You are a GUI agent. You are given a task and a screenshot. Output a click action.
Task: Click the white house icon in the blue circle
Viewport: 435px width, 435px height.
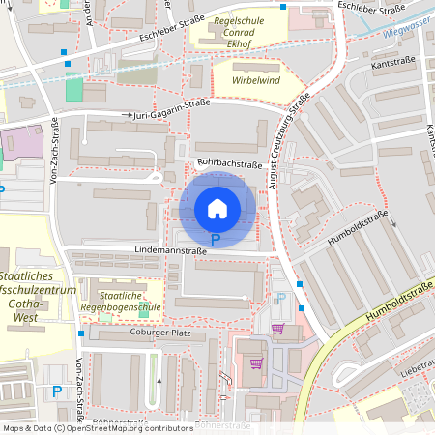[217, 208]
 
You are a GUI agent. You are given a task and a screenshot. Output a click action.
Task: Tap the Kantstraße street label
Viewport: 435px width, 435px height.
[392, 62]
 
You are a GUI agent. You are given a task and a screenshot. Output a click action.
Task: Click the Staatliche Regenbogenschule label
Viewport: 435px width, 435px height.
[121, 300]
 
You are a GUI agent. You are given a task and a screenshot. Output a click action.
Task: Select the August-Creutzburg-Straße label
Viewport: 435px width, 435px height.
[291, 140]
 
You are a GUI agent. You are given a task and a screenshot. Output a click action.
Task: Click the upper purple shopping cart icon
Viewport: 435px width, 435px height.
[277, 329]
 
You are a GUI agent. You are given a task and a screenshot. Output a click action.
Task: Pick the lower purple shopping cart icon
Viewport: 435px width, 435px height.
[256, 363]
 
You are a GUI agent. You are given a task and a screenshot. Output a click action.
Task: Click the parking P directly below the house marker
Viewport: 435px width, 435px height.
[216, 238]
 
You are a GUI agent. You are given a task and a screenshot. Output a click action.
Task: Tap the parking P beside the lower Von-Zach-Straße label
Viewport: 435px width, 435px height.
[58, 391]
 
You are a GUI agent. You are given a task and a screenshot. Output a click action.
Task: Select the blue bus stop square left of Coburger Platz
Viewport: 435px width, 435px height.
[81, 333]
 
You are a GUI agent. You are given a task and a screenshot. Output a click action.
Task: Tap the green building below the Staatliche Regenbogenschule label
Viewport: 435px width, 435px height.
[144, 309]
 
